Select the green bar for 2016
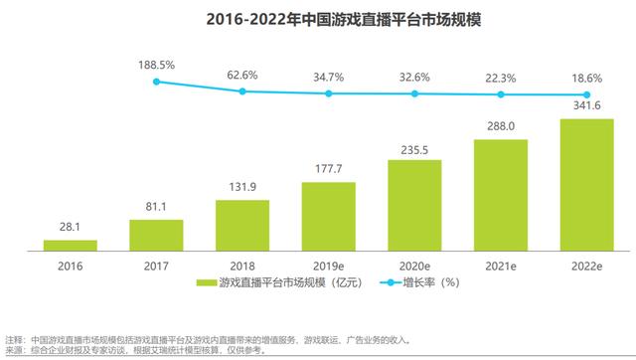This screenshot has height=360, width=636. point(70,244)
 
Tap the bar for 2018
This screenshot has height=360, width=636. point(242,225)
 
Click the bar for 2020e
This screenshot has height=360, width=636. point(414,204)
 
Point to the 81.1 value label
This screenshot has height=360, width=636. point(156,208)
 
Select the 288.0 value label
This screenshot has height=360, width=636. point(500,127)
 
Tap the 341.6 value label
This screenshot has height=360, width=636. point(586,107)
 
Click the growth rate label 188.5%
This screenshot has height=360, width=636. point(156,65)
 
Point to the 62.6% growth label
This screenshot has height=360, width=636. point(242,74)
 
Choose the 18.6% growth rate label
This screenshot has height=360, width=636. point(586,79)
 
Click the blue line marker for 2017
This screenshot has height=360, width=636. point(156,82)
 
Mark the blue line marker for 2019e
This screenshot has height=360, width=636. point(328,93)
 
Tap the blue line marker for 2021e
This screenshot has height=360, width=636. point(500,94)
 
